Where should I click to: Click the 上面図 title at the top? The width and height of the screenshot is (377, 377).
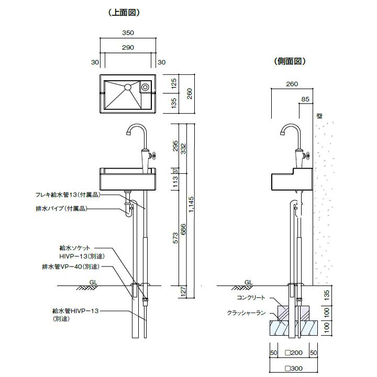pyautogui.click(x=124, y=13)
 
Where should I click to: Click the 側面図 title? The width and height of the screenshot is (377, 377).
pyautogui.click(x=290, y=61)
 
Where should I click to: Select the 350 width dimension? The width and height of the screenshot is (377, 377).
pyautogui.click(x=128, y=32)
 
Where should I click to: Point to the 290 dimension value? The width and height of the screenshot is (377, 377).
pyautogui.click(x=128, y=47)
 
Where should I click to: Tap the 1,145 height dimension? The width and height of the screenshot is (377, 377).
pyautogui.click(x=191, y=204)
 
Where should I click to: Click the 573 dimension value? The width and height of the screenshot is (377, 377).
pyautogui.click(x=176, y=238)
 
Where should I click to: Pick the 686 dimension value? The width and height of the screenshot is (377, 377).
pyautogui.click(x=183, y=229)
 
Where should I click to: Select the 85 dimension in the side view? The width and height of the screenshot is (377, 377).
pyautogui.click(x=305, y=99)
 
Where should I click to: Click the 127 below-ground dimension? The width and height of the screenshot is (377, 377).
pyautogui.click(x=183, y=292)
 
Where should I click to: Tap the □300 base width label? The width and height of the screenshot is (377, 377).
pyautogui.click(x=294, y=368)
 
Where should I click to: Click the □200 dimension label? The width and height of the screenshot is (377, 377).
pyautogui.click(x=294, y=353)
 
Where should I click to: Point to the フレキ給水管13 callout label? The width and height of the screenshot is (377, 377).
pyautogui.click(x=68, y=194)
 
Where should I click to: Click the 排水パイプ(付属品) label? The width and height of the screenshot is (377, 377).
pyautogui.click(x=62, y=208)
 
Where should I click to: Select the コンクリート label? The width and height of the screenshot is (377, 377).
pyautogui.click(x=251, y=297)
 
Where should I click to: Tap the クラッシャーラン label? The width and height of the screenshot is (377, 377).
pyautogui.click(x=247, y=313)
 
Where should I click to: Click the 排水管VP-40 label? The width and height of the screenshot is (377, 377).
pyautogui.click(x=71, y=267)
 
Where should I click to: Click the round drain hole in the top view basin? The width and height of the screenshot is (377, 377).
pyautogui.click(x=127, y=87)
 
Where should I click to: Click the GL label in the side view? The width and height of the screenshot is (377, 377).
pyautogui.click(x=248, y=283)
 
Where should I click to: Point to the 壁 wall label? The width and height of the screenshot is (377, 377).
pyautogui.click(x=319, y=116)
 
